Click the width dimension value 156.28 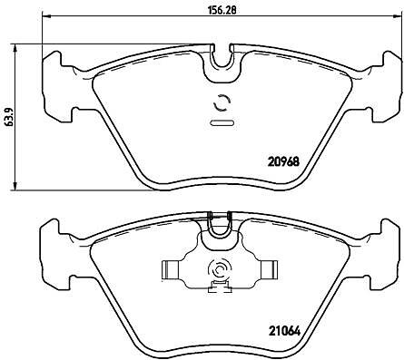222,9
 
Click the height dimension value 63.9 9,116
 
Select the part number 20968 283,162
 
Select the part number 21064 284,332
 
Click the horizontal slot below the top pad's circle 222,123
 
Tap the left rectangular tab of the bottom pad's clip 170,269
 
